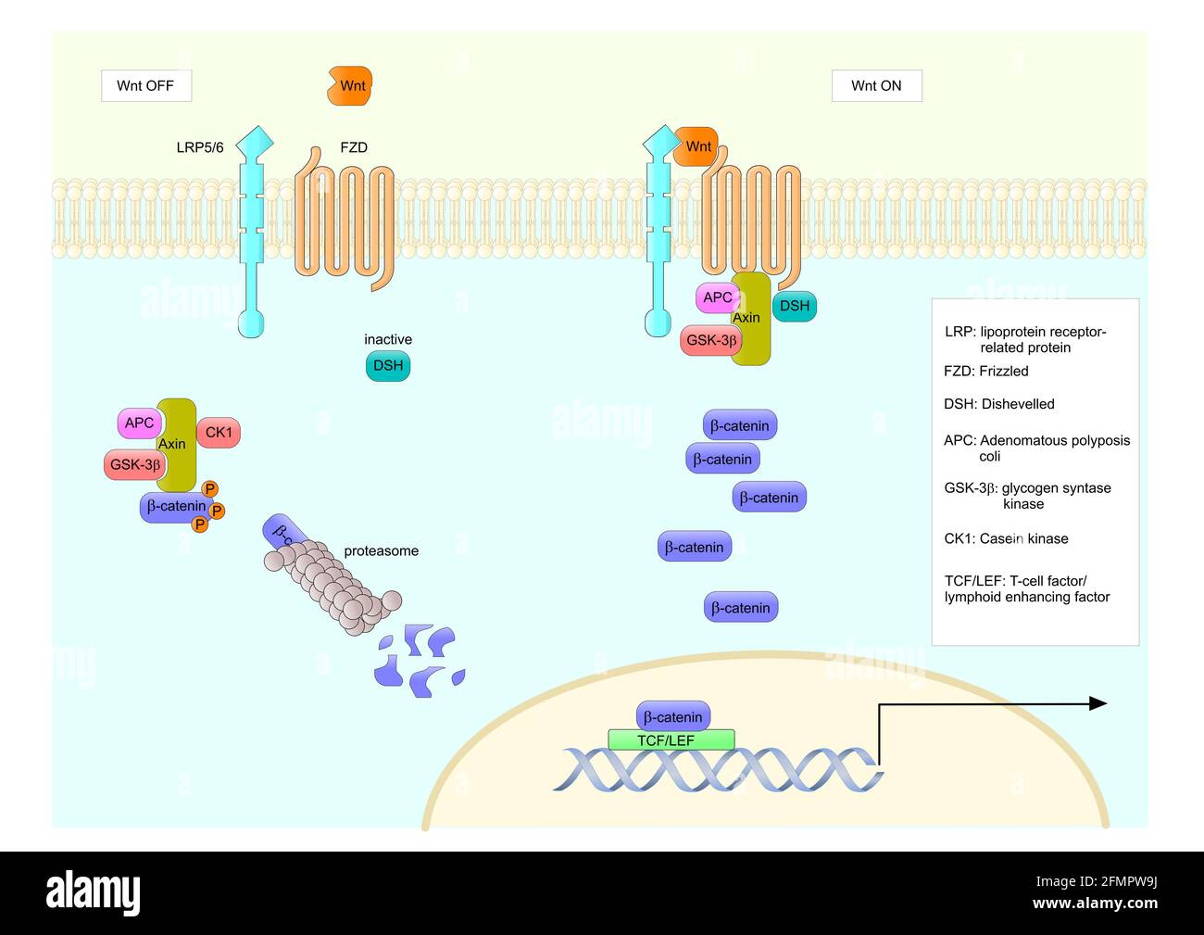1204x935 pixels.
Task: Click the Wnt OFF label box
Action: (x=145, y=86)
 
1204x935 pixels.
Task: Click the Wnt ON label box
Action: (x=876, y=86)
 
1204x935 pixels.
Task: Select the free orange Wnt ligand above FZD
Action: (x=349, y=86)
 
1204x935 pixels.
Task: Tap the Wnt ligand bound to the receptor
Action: (x=696, y=146)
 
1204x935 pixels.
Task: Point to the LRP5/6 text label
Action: (x=200, y=147)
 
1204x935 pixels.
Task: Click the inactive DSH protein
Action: (x=388, y=366)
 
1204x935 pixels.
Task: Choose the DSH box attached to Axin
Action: (x=794, y=306)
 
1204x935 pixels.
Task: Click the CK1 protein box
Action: (x=219, y=433)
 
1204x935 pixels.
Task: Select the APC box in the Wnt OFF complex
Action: (x=139, y=423)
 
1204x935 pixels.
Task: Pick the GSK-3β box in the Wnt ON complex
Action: (x=710, y=341)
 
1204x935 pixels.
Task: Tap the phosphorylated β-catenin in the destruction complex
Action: (x=175, y=507)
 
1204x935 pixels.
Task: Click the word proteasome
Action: (x=381, y=551)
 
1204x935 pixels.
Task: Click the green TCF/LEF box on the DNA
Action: (x=671, y=740)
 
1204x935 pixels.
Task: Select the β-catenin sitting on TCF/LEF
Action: (x=673, y=716)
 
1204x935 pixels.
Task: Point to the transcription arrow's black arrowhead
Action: (x=1097, y=703)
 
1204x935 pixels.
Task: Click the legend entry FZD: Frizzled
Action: (x=985, y=372)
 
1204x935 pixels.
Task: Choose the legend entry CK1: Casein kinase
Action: (x=1006, y=538)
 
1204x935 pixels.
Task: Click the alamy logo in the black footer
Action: (x=94, y=891)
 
